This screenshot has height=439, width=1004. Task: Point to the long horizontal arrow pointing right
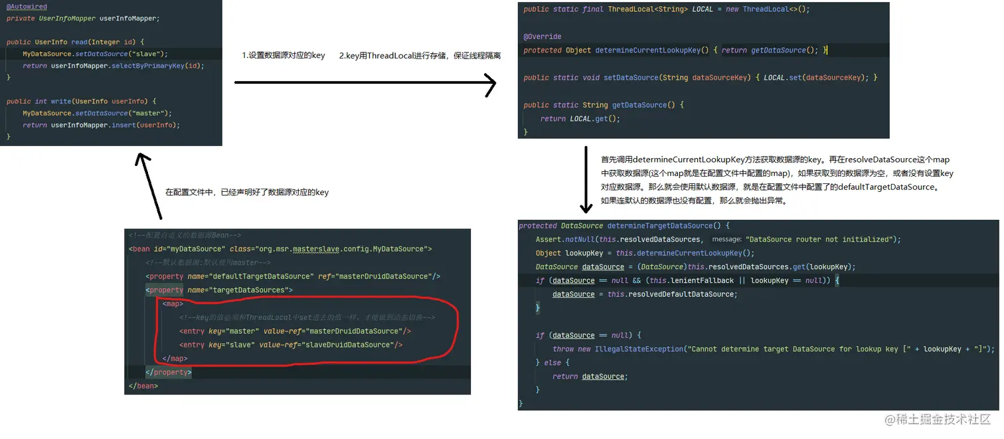[365, 83]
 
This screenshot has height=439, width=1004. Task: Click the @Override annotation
[543, 37]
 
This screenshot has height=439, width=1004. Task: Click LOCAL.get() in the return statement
[594, 119]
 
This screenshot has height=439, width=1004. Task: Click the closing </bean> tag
[143, 386]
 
